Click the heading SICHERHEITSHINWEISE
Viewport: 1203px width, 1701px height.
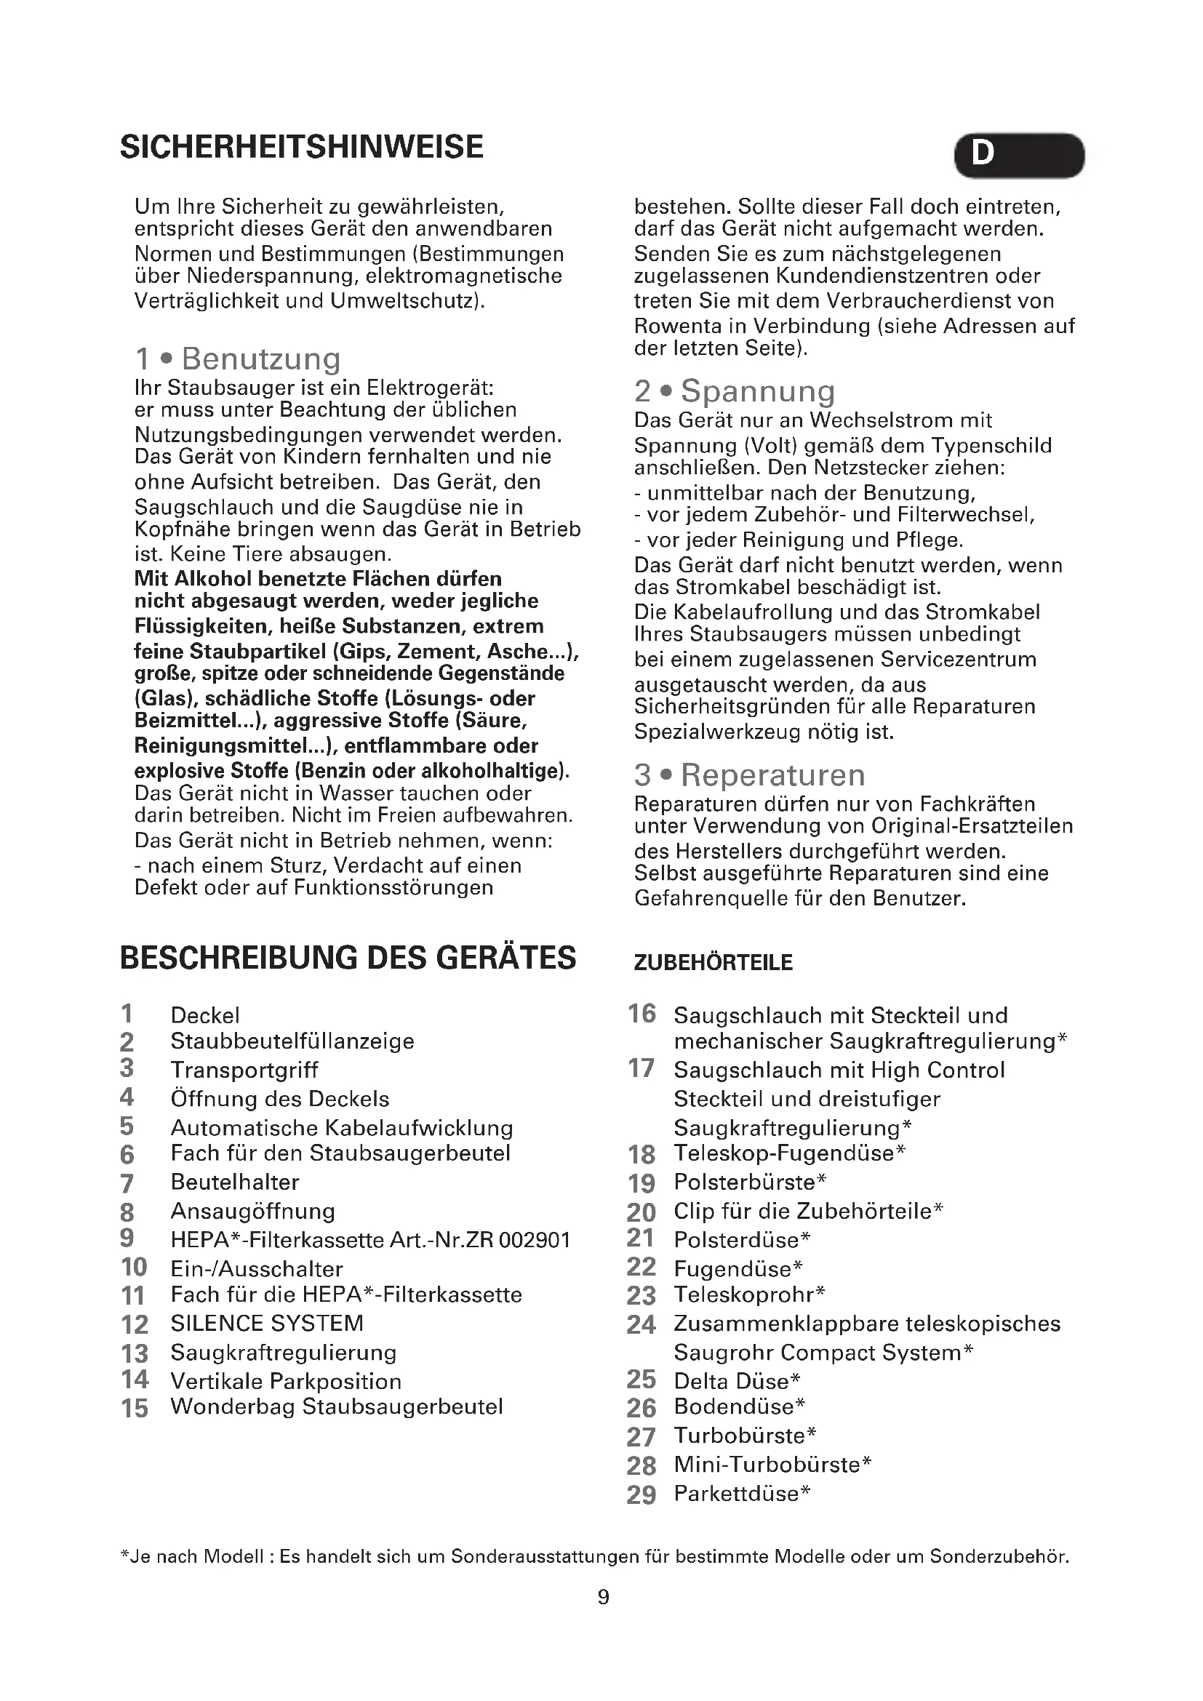coord(302,147)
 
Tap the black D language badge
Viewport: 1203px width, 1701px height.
coord(1018,155)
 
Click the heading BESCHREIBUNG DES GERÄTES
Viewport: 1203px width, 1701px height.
coord(348,957)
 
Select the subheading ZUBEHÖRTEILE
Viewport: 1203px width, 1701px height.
coord(713,962)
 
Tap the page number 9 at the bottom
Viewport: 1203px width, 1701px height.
coord(603,1596)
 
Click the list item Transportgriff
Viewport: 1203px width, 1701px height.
coord(244,1070)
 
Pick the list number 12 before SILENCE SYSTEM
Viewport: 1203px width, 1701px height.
coord(135,1324)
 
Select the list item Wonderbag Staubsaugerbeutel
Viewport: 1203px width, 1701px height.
coord(336,1407)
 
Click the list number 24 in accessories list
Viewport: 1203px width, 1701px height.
coord(641,1324)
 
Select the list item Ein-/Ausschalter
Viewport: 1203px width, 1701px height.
coord(256,1269)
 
